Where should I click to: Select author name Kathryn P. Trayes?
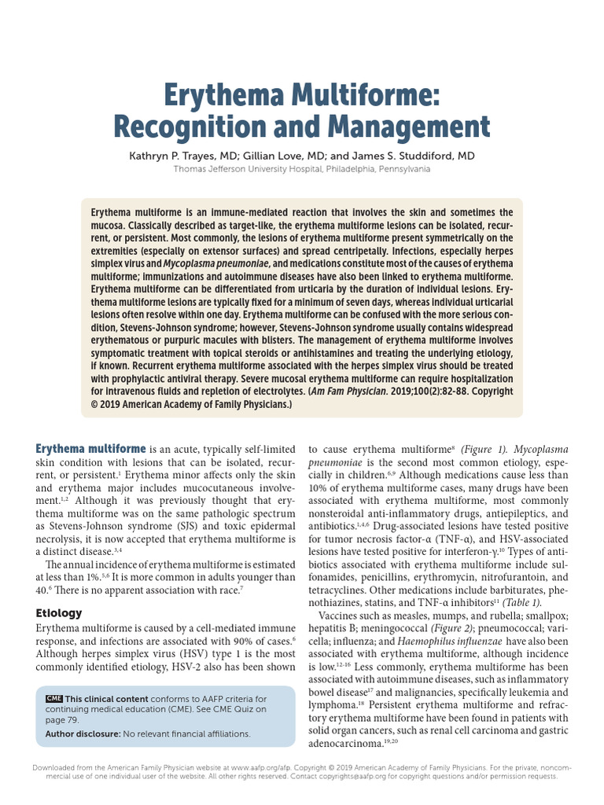171,156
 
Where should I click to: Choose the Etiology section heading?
59,612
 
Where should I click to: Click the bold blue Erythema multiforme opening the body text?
90,449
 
